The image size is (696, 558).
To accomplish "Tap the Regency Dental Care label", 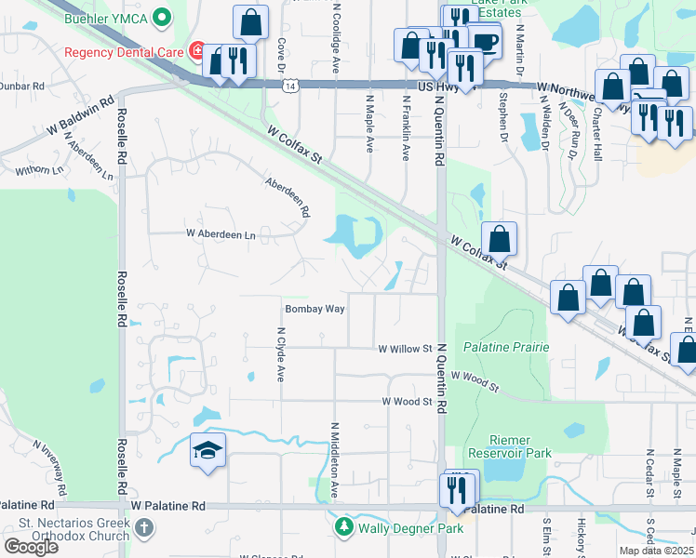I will point(124,49).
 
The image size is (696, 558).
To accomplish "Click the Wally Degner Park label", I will point(398,527).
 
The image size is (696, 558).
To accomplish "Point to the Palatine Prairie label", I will point(506,347).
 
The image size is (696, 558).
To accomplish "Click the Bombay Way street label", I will point(315,309).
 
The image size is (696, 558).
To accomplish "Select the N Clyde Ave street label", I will point(280,353).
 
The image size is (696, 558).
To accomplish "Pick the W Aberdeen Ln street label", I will point(221,234).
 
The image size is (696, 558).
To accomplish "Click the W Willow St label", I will point(406,350).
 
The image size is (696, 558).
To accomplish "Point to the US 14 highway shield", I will point(291,86).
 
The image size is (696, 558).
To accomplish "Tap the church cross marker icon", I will point(143,527).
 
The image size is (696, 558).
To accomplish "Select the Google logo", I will point(31,547).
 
